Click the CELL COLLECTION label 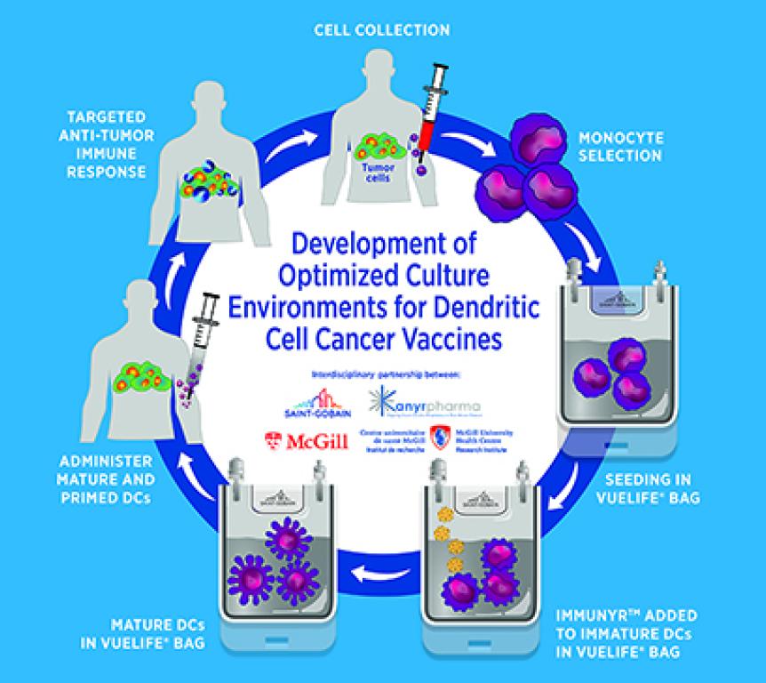coord(381,30)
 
